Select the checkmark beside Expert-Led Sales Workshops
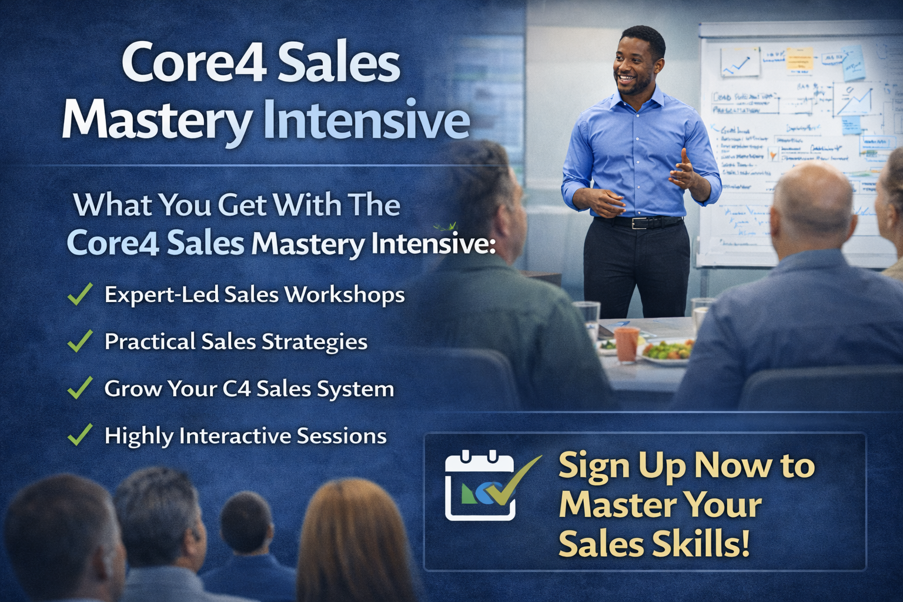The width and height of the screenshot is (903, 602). pos(80,294)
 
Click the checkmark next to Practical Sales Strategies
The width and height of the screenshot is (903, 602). pos(80,341)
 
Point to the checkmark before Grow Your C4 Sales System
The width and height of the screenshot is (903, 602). pos(80,388)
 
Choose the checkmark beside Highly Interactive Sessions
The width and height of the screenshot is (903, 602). pos(80,435)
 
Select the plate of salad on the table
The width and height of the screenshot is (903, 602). pos(667,352)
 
